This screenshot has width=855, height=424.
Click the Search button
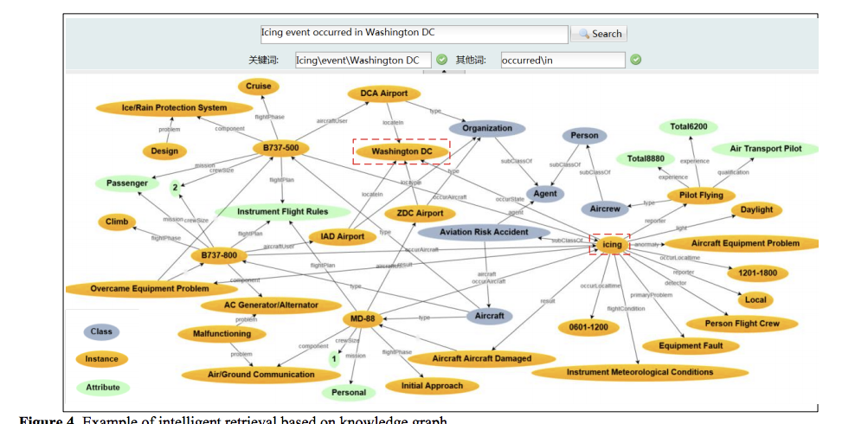599,34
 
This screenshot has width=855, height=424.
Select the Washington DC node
402,151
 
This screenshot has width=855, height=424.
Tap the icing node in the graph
613,245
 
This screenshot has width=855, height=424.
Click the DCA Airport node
383,93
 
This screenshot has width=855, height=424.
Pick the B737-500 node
281,148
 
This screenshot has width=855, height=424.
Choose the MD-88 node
363,318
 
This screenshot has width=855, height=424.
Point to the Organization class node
487,128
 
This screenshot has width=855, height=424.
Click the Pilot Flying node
701,196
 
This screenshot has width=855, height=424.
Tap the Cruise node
258,86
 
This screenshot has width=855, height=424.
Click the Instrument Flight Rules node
283,211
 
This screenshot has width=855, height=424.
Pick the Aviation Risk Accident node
484,232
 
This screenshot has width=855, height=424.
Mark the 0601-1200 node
588,327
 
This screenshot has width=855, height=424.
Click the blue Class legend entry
101,331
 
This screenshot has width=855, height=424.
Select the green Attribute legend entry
102,387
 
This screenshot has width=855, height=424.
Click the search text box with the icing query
414,33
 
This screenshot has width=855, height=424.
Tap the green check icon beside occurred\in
635,60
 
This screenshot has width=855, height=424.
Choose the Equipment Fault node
698,346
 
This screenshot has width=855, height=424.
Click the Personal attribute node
350,392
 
